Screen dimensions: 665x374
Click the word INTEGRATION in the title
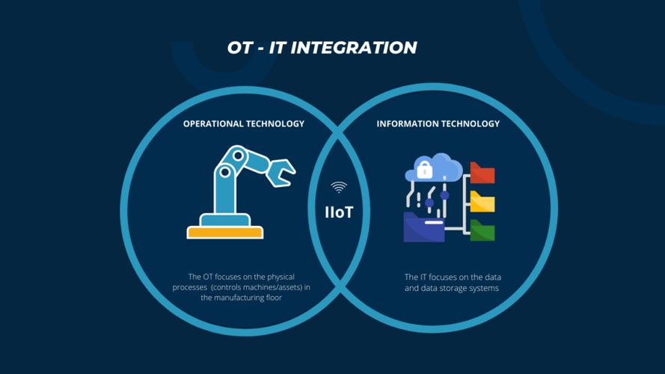point(354,47)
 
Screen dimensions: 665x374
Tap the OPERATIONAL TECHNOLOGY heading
point(244,124)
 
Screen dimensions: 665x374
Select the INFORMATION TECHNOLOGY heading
point(438,124)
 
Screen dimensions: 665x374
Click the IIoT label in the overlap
point(339,212)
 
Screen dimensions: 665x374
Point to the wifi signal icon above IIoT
point(339,187)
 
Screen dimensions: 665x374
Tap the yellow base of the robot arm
point(225,233)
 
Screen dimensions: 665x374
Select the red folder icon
point(482,173)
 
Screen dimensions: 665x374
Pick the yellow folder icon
point(482,201)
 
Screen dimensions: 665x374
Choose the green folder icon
point(482,230)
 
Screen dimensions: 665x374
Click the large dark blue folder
point(423,227)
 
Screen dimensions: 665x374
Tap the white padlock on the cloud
point(425,170)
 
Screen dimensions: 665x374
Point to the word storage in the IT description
point(468,288)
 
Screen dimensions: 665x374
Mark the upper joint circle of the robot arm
point(238,155)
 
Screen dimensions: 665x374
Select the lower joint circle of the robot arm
point(225,172)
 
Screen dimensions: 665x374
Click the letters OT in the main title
point(240,47)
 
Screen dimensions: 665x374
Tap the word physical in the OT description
point(280,278)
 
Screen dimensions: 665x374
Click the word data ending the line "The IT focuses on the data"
point(493,278)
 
